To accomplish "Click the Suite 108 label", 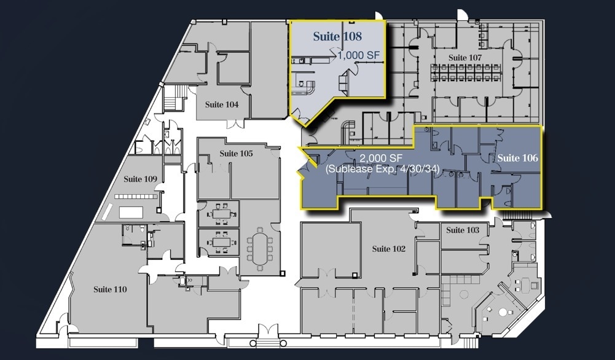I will point(337,36).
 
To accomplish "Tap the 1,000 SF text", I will point(359,55).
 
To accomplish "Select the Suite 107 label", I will point(465,58).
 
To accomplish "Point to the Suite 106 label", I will point(517,158).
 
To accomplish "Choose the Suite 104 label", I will point(222,104).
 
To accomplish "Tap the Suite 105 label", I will point(236,154).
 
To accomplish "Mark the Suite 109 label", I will point(141,179).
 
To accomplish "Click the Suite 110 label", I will point(110,289).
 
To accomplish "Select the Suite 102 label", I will point(389,249).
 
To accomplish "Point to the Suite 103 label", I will point(463,230).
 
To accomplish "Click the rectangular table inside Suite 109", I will point(131,213).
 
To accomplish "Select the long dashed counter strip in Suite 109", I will point(135,197).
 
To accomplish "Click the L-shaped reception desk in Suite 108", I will point(305,85).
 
